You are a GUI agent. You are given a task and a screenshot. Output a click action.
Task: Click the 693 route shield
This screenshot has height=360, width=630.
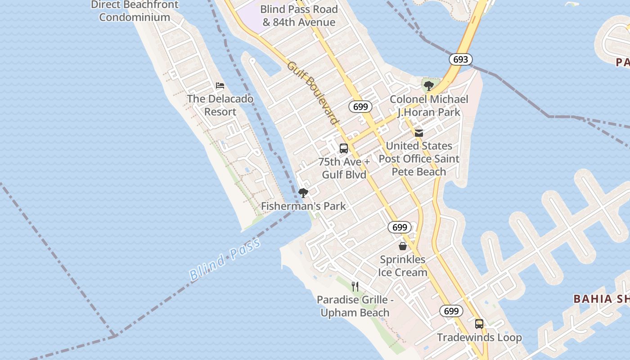pyautogui.click(x=460, y=59)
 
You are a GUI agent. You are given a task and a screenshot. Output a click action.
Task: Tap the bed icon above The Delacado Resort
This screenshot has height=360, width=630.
pyautogui.click(x=220, y=85)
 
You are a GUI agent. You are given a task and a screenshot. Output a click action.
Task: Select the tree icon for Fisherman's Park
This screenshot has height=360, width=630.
pyautogui.click(x=303, y=193)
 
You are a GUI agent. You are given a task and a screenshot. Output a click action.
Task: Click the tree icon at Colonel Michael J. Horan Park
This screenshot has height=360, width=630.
pyautogui.click(x=429, y=85)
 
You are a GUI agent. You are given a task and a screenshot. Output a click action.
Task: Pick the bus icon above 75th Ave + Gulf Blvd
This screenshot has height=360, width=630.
pyautogui.click(x=344, y=148)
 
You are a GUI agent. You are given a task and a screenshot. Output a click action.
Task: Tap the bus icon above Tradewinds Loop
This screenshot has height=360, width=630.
pyautogui.click(x=479, y=324)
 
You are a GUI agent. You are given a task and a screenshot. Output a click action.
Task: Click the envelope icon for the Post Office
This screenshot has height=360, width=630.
pyautogui.click(x=419, y=133)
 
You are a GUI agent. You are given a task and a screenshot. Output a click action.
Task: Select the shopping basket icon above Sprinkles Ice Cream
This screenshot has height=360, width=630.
pyautogui.click(x=403, y=246)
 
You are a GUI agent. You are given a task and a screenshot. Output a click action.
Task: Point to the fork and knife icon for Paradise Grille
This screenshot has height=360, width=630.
pyautogui.click(x=355, y=286)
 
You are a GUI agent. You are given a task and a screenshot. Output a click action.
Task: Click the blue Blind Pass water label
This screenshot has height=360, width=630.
pyautogui.click(x=225, y=260)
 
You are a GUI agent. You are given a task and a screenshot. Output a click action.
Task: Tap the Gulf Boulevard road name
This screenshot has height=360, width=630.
pyautogui.click(x=313, y=93)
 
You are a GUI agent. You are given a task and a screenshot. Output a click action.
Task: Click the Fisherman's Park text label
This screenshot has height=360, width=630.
pyautogui.click(x=304, y=206)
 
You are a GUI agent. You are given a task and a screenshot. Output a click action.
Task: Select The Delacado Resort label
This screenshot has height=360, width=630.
pyautogui.click(x=220, y=105)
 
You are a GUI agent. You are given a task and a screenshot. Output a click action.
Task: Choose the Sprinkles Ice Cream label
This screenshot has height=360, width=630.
pyautogui.click(x=403, y=266)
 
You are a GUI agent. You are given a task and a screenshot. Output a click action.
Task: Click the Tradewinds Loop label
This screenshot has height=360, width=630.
pyautogui.click(x=479, y=337)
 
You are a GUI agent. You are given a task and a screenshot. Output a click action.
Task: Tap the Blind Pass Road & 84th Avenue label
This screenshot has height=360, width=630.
pyautogui.click(x=299, y=16)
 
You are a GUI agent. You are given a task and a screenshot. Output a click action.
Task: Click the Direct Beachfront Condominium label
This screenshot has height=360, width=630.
pyautogui.click(x=135, y=11)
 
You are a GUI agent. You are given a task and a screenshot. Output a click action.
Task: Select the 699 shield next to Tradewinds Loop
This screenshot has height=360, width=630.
pyautogui.click(x=451, y=311)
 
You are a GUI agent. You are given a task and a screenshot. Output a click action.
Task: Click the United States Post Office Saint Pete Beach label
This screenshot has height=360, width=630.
pyautogui.click(x=419, y=159)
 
